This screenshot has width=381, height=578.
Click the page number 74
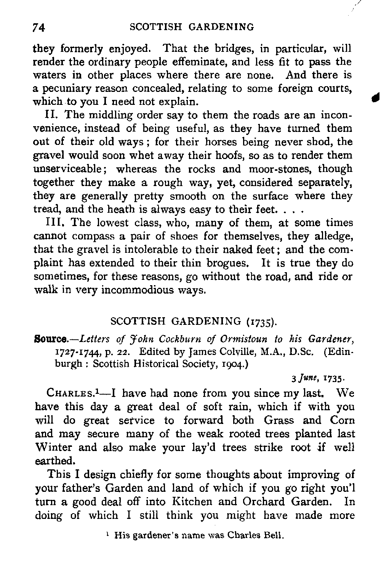[x=39, y=27]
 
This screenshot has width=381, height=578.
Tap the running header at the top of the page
[x=192, y=27]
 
